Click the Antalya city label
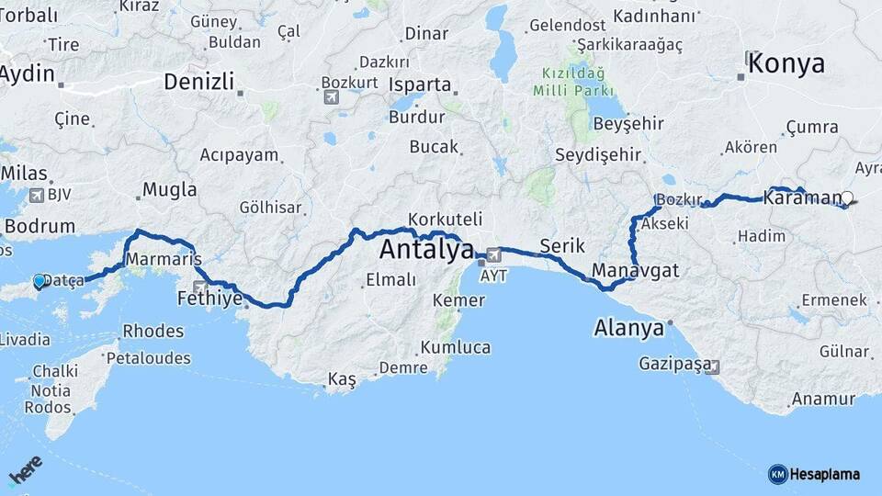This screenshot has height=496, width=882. click(426, 249)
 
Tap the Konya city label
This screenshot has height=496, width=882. click(786, 63)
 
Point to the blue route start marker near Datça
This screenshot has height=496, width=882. click(40, 281)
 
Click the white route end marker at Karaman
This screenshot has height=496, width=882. click(847, 197)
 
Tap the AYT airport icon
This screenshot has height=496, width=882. click(493, 254)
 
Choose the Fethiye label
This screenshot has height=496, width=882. click(211, 299)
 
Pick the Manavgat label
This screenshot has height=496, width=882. click(635, 270)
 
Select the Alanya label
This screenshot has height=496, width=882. click(628, 327)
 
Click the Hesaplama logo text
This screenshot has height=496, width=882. click(825, 474)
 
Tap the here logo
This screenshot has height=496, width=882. click(25, 469)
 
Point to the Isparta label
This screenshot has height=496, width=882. click(420, 85)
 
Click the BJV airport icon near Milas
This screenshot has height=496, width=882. click(37, 195)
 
